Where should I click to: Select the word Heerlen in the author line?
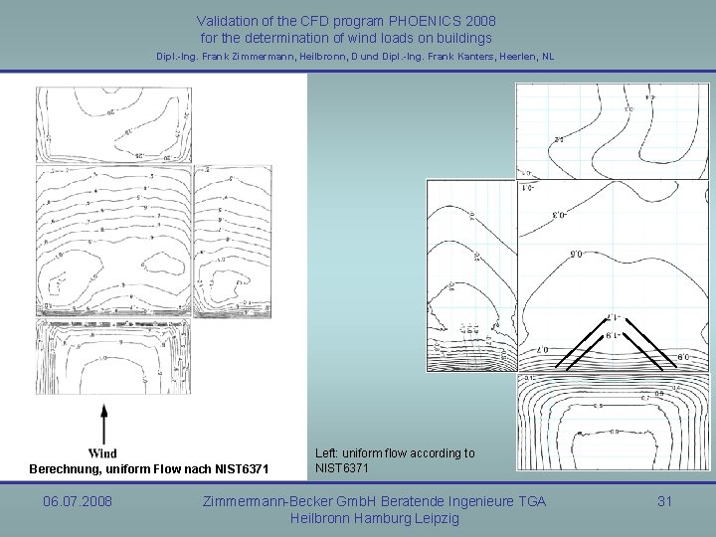click(526, 57)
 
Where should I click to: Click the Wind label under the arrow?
click(102, 453)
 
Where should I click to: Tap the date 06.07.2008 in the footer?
click(78, 501)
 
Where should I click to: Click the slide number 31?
click(664, 501)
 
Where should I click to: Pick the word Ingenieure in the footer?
click(478, 501)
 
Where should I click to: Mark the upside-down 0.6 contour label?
click(576, 255)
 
